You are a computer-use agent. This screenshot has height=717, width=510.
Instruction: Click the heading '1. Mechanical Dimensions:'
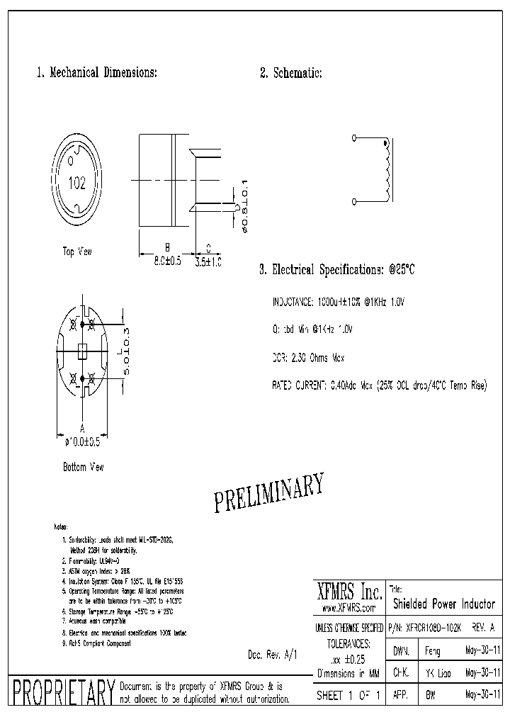(x=96, y=73)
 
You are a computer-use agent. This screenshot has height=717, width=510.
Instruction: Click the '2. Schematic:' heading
(x=290, y=73)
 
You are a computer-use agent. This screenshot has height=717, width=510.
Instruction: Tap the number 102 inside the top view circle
(x=76, y=184)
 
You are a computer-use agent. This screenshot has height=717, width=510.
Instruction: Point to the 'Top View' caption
(x=77, y=251)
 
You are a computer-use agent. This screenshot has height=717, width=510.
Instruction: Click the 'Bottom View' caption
(x=83, y=468)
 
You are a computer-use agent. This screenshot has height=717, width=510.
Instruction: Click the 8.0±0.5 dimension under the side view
(x=167, y=261)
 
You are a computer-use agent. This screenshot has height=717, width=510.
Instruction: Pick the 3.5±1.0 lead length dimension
(x=209, y=261)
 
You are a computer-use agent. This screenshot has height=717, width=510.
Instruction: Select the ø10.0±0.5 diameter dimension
(x=82, y=442)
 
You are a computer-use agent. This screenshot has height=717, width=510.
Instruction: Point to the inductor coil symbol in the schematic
(x=387, y=170)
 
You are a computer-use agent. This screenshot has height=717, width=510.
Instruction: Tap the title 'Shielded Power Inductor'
(x=443, y=604)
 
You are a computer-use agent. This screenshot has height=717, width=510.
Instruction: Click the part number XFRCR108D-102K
(x=425, y=628)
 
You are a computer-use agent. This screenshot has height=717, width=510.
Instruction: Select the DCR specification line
(x=309, y=358)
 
